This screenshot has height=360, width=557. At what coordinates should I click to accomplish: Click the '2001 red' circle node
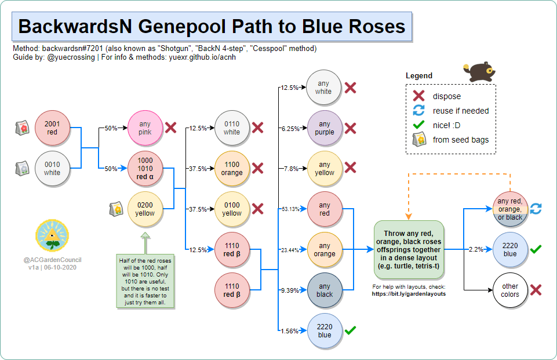click(52, 128)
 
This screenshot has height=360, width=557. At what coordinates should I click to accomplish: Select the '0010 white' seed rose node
click(52, 168)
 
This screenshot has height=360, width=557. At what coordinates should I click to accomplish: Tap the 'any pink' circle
click(145, 128)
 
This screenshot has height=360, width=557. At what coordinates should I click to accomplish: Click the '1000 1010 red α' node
click(145, 168)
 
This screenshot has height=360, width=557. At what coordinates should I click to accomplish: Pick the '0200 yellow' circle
click(145, 209)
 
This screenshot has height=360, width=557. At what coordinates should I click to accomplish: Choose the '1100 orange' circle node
click(232, 168)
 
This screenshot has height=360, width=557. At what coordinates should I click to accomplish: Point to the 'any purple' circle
click(325, 128)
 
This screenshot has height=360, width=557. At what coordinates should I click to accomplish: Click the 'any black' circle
click(325, 290)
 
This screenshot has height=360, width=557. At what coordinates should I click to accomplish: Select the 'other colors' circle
click(510, 290)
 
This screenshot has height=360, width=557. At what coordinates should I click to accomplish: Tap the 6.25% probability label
click(289, 128)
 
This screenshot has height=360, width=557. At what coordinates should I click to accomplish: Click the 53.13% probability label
click(290, 209)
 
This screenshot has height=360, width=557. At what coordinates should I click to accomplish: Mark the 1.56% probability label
click(289, 331)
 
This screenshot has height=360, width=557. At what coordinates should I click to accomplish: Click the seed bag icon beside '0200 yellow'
click(115, 209)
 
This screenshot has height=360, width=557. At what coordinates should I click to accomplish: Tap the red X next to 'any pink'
click(170, 128)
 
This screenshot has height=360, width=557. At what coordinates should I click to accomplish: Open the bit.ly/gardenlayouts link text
click(408, 294)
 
